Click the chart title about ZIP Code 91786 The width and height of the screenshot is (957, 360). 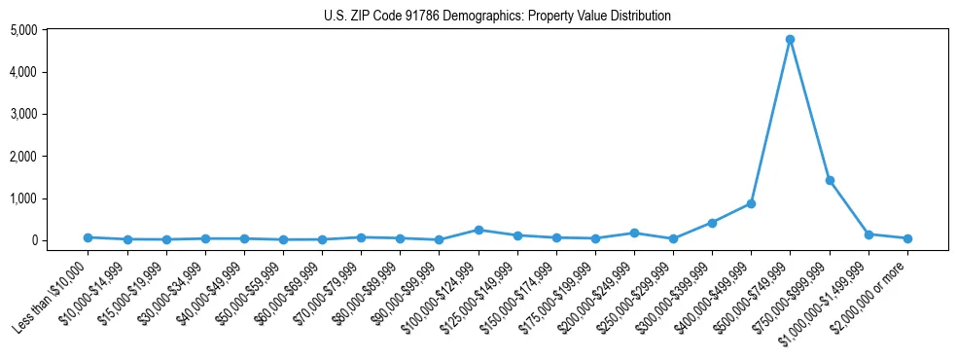coord(497,16)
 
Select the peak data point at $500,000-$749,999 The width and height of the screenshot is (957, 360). coord(791,40)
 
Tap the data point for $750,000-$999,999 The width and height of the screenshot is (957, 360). coord(830,180)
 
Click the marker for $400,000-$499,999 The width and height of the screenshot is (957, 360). coord(752,203)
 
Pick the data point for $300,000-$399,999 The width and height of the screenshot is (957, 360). coord(713,223)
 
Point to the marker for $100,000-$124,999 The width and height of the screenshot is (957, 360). coord(478,230)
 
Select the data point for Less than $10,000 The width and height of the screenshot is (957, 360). coord(88,237)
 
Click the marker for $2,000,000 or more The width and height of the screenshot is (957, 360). coord(907,238)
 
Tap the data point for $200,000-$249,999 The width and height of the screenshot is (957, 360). coord(634,233)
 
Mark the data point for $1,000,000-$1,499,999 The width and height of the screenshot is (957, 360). coord(868,234)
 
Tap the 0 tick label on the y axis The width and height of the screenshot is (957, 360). coord(60,240)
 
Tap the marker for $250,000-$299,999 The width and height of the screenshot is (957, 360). coord(673,238)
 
